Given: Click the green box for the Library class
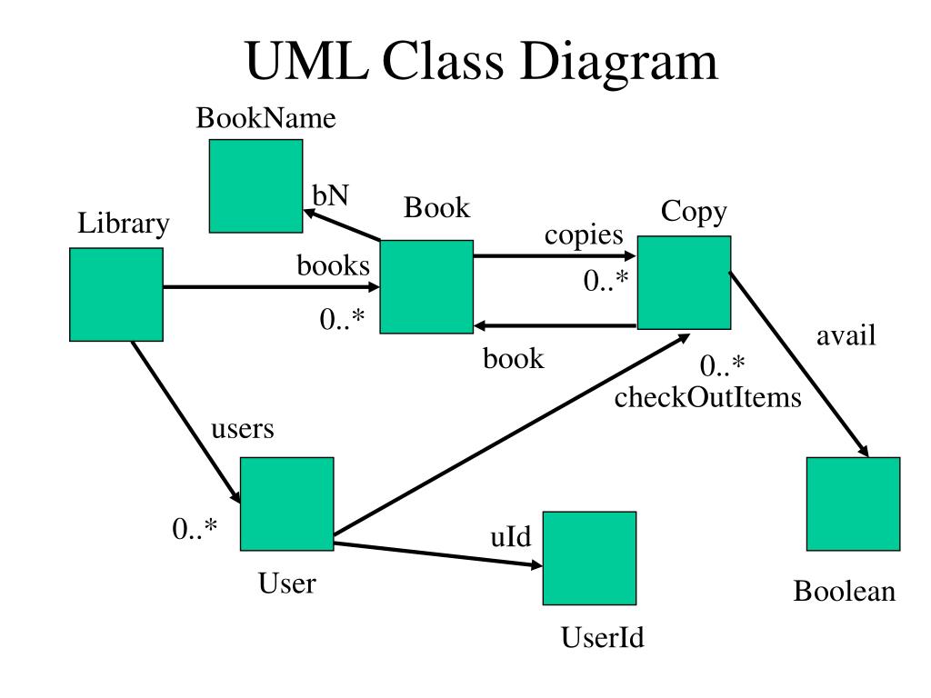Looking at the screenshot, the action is [116, 294].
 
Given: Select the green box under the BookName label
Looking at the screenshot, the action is [255, 185].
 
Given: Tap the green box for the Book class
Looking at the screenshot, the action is [426, 286].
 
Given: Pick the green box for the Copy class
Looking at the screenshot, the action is [684, 283].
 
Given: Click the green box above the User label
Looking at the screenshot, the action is [286, 504].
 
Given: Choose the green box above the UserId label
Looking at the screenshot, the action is [589, 558].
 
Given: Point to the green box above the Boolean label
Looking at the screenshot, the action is [853, 504].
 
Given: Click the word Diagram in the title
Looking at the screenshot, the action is [619, 62].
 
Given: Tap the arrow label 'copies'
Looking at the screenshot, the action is [584, 235].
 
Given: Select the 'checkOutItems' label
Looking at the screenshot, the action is [707, 397].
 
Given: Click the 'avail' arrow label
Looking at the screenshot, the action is [846, 335].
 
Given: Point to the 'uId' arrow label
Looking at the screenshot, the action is [511, 536].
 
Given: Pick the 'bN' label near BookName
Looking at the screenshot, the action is [330, 195].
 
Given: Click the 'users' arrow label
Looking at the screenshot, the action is [242, 429].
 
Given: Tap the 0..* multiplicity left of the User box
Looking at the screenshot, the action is [195, 528].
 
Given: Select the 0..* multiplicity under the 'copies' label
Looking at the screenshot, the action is [606, 280].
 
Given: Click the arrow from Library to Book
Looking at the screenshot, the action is [271, 287].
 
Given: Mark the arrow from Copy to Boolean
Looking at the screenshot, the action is [799, 364].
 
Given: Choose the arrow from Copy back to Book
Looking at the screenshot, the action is [555, 325].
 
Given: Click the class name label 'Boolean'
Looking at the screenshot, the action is [845, 591].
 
